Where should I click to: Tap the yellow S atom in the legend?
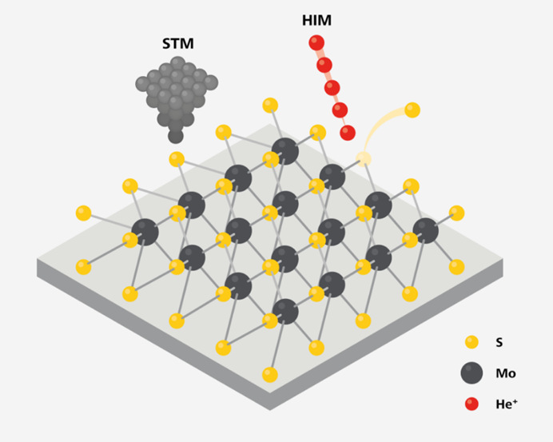pyautogui.click(x=472, y=342)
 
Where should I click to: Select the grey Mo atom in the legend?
pyautogui.click(x=472, y=372)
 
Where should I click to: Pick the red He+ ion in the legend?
pyautogui.click(x=472, y=402)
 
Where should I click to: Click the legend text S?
pyautogui.click(x=499, y=343)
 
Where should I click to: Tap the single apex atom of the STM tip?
pyautogui.click(x=176, y=136)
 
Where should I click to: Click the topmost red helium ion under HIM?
pyautogui.click(x=316, y=42)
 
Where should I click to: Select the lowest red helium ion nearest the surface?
pyautogui.click(x=347, y=132)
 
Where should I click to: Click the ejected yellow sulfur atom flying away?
pyautogui.click(x=412, y=110)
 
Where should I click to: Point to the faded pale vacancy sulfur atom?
pyautogui.click(x=364, y=158)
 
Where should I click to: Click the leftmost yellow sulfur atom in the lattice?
pyautogui.click(x=83, y=213)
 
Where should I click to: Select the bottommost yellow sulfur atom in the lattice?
pyautogui.click(x=270, y=374)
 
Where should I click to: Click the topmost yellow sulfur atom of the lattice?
pyautogui.click(x=270, y=105)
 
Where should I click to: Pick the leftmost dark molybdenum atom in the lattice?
pyautogui.click(x=145, y=232)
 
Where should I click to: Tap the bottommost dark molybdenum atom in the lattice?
pyautogui.click(x=285, y=312)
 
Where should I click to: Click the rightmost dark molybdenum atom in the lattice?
pyautogui.click(x=425, y=231)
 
